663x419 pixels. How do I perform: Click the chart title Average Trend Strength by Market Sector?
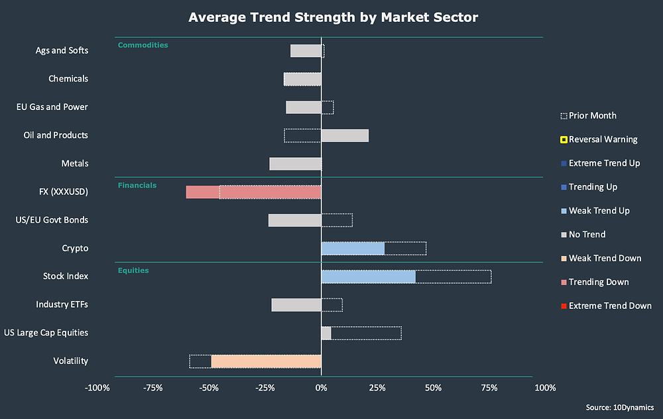(x=333, y=17)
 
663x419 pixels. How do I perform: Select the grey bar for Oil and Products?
(x=345, y=135)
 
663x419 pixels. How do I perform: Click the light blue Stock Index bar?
(x=368, y=276)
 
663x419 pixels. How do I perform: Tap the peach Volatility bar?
(x=266, y=361)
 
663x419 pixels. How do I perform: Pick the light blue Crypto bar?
(x=353, y=249)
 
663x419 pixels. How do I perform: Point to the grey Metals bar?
(x=295, y=164)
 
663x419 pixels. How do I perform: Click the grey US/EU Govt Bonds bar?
(x=294, y=220)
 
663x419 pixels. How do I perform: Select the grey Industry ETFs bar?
(x=296, y=305)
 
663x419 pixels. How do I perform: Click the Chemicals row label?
(x=68, y=79)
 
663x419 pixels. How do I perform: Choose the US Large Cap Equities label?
(x=46, y=333)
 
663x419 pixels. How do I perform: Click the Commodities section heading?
(x=143, y=45)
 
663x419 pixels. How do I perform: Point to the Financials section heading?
(x=137, y=186)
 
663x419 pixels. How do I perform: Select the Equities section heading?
(x=133, y=270)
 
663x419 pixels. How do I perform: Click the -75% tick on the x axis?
(x=153, y=388)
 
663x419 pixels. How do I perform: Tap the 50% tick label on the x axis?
(x=433, y=388)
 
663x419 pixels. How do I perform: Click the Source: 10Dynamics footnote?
(x=619, y=408)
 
